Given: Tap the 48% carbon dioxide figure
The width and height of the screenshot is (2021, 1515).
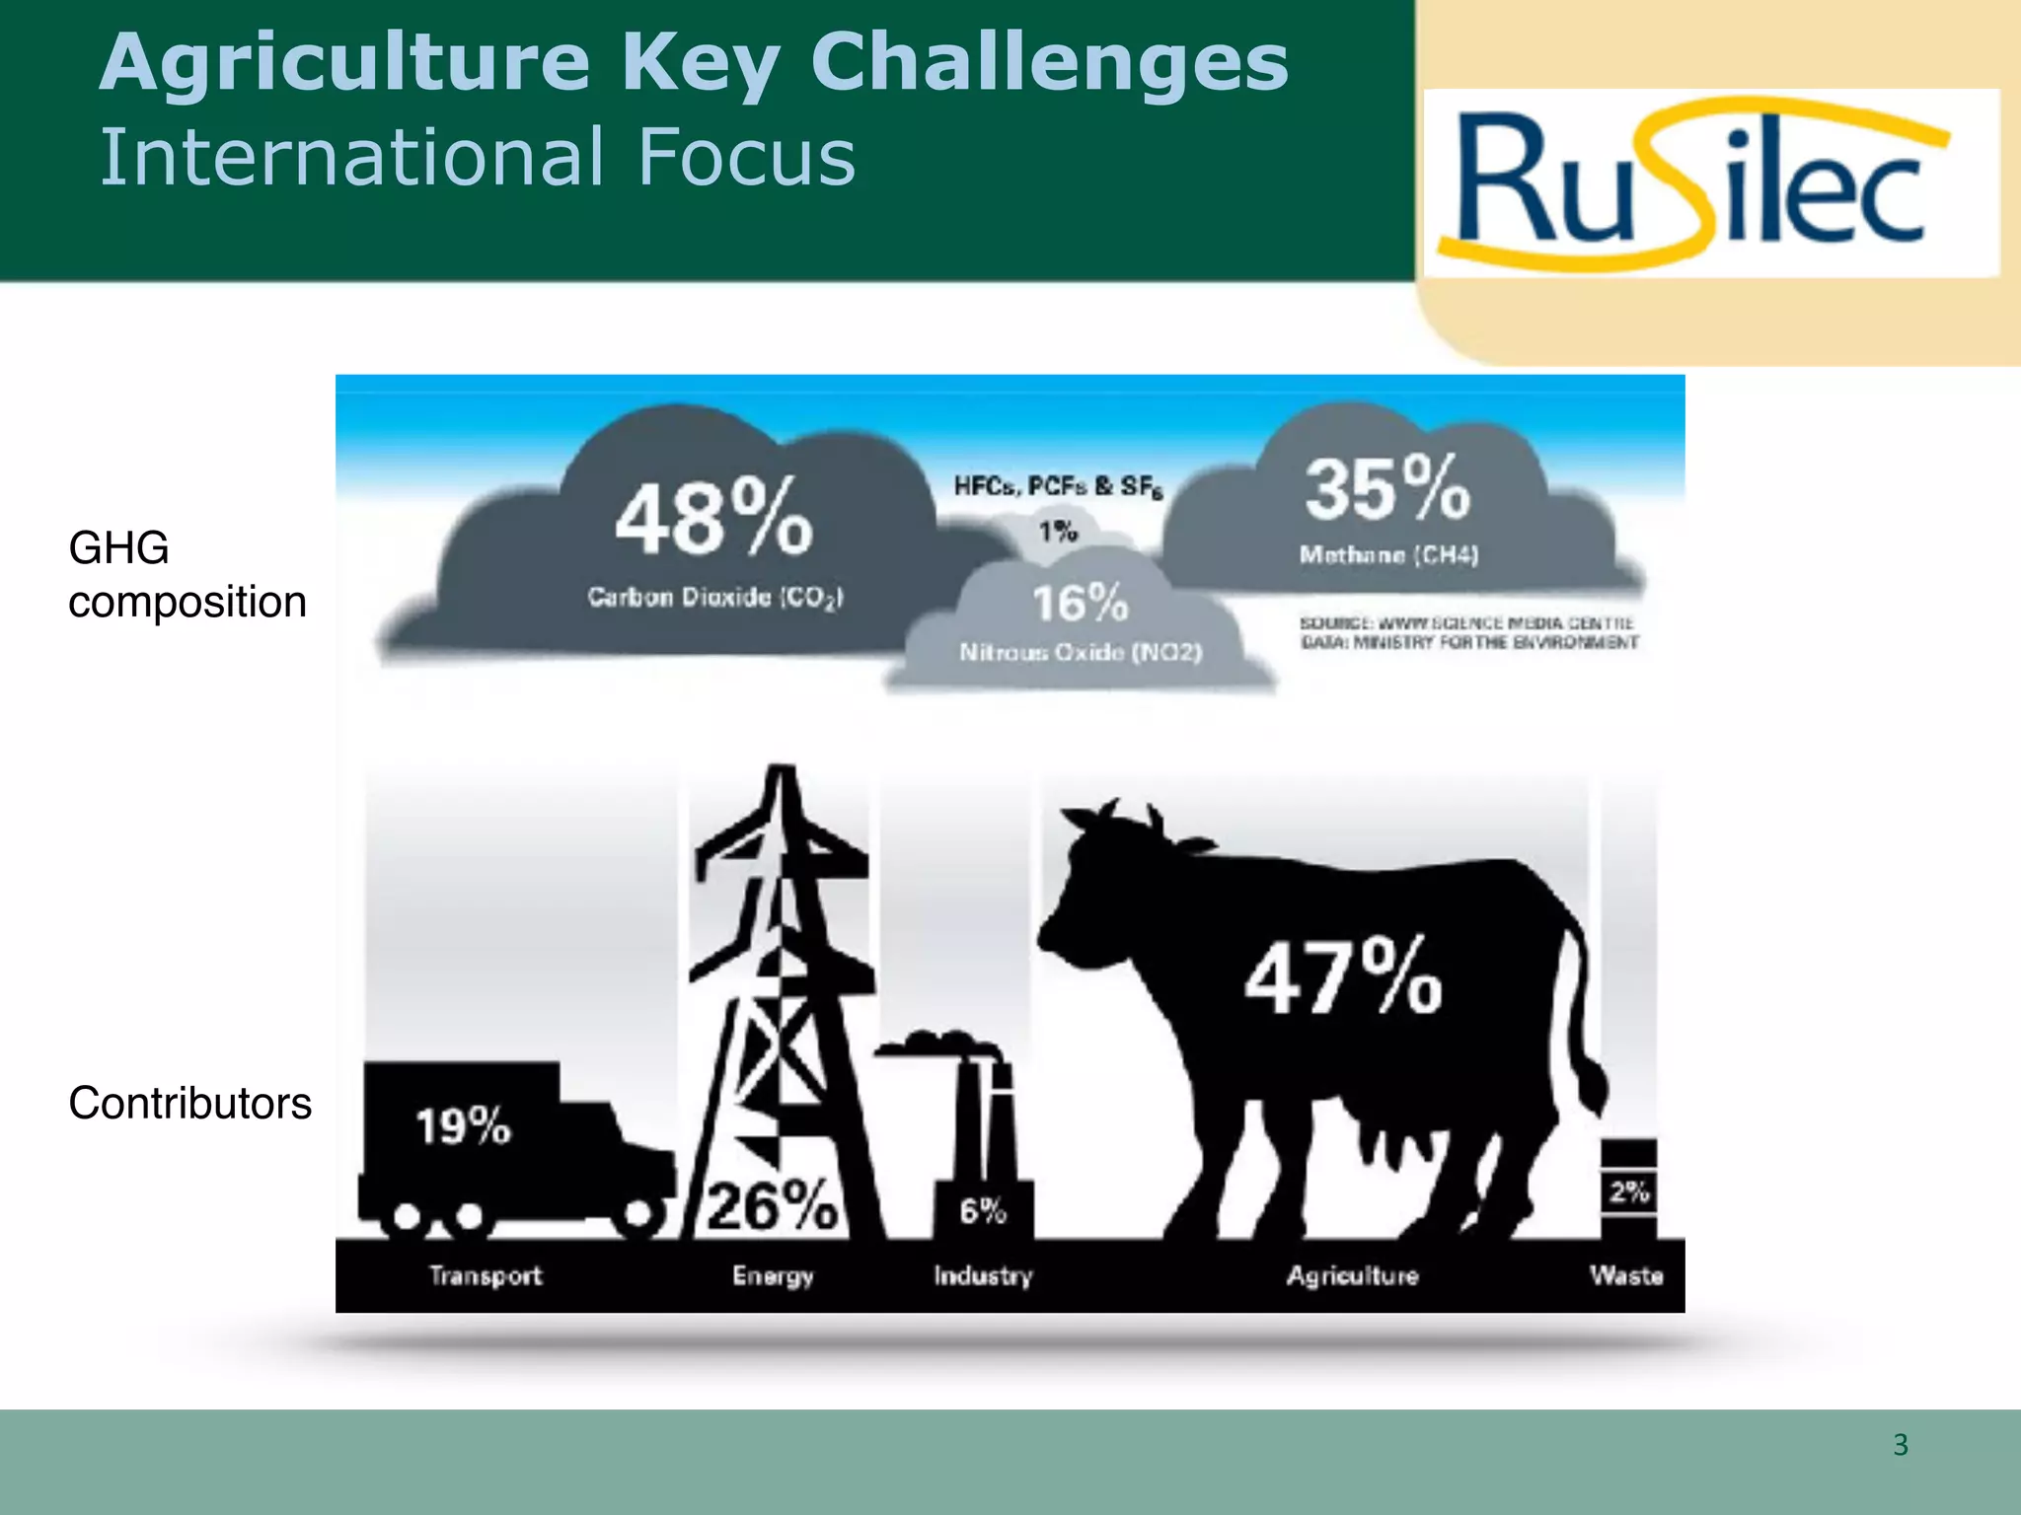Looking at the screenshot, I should click(713, 517).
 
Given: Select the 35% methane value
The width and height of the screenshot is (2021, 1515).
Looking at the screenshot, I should click(1386, 488).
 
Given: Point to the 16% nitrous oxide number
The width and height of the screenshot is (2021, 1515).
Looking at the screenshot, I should click(1080, 603).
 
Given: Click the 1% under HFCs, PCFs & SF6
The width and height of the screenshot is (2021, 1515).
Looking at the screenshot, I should click(1057, 532).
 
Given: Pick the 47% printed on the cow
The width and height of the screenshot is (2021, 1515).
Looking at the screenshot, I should click(1342, 977).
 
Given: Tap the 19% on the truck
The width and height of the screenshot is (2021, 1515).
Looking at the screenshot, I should click(463, 1125).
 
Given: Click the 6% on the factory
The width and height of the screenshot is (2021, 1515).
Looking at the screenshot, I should click(983, 1210).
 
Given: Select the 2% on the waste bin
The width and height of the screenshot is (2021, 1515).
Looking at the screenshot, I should click(1629, 1191).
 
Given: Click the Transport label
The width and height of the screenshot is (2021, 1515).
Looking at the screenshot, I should click(486, 1275).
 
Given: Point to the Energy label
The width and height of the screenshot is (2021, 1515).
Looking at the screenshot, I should click(773, 1276).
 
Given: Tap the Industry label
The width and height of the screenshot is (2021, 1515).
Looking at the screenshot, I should click(983, 1275).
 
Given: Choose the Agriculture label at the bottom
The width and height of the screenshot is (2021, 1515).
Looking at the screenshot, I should click(1352, 1275).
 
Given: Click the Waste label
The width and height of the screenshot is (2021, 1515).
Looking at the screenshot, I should click(1626, 1275).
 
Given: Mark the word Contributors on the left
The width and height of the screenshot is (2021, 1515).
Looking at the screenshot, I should click(189, 1103).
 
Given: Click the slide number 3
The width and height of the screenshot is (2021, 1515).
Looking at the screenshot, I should click(1901, 1445).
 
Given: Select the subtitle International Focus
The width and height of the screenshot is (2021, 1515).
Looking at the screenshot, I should click(478, 157).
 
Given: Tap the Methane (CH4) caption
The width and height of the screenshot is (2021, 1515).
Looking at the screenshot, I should click(1388, 555).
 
